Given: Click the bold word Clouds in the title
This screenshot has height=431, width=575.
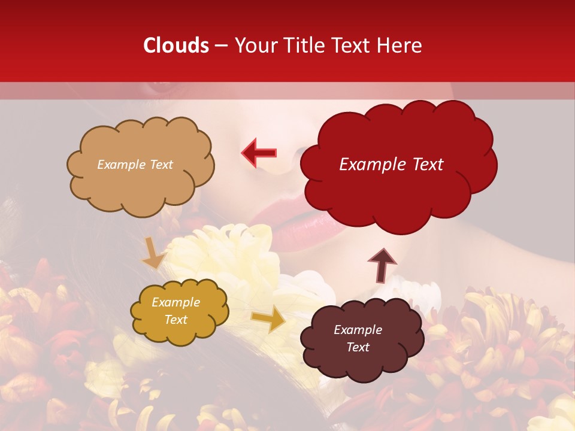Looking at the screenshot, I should [x=176, y=45].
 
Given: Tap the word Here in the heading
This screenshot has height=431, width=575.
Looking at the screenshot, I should [x=401, y=45].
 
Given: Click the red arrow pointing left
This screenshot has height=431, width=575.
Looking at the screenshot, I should [x=259, y=153].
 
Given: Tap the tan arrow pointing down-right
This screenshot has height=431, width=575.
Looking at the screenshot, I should [x=154, y=253].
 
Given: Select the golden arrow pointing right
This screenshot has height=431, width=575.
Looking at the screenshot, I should [x=269, y=319].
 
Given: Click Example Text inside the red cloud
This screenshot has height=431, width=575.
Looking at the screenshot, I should [x=391, y=165].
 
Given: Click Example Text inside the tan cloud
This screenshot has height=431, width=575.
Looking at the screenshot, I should [x=135, y=165].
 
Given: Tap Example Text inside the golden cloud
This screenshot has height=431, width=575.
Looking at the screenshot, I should [x=175, y=311].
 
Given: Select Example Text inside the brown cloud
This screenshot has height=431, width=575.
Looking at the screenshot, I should [x=358, y=338].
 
